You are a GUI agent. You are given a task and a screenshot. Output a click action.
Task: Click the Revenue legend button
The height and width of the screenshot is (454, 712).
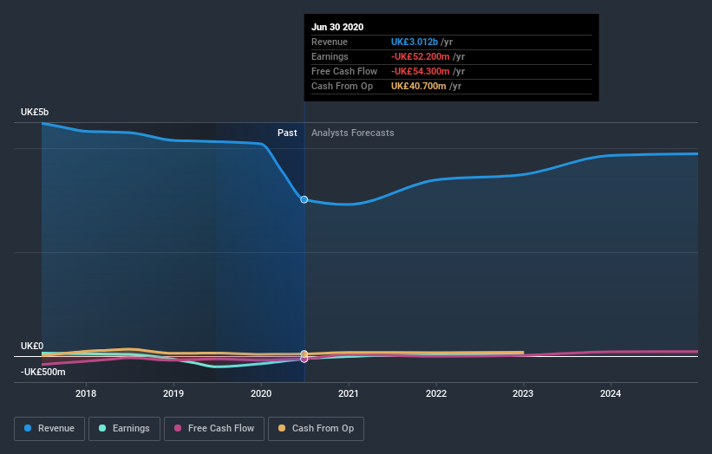49,428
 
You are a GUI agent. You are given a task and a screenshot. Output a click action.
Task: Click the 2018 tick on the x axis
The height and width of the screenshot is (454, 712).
86,392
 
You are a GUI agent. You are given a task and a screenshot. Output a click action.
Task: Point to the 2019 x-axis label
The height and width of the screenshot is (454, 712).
173,392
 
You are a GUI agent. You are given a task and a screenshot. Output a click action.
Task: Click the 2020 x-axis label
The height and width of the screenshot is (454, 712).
261,392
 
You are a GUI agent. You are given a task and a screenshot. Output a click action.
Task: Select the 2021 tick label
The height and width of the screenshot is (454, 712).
349,392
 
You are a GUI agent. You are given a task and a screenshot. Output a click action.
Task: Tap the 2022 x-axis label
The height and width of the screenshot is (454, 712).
436,392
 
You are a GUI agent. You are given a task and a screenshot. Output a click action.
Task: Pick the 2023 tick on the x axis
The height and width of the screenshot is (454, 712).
523,392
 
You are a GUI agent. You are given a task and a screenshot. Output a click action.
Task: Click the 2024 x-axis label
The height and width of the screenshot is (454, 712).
611,392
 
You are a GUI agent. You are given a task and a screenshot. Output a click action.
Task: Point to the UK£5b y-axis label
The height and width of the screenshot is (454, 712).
36,113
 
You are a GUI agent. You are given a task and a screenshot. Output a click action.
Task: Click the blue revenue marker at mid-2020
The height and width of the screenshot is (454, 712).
304,199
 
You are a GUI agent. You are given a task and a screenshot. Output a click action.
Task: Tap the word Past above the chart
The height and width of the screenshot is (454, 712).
287,133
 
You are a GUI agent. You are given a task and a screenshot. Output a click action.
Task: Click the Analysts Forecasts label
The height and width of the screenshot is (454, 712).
353,133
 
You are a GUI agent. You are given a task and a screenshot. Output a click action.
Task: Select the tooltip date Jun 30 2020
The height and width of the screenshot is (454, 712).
338,27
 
